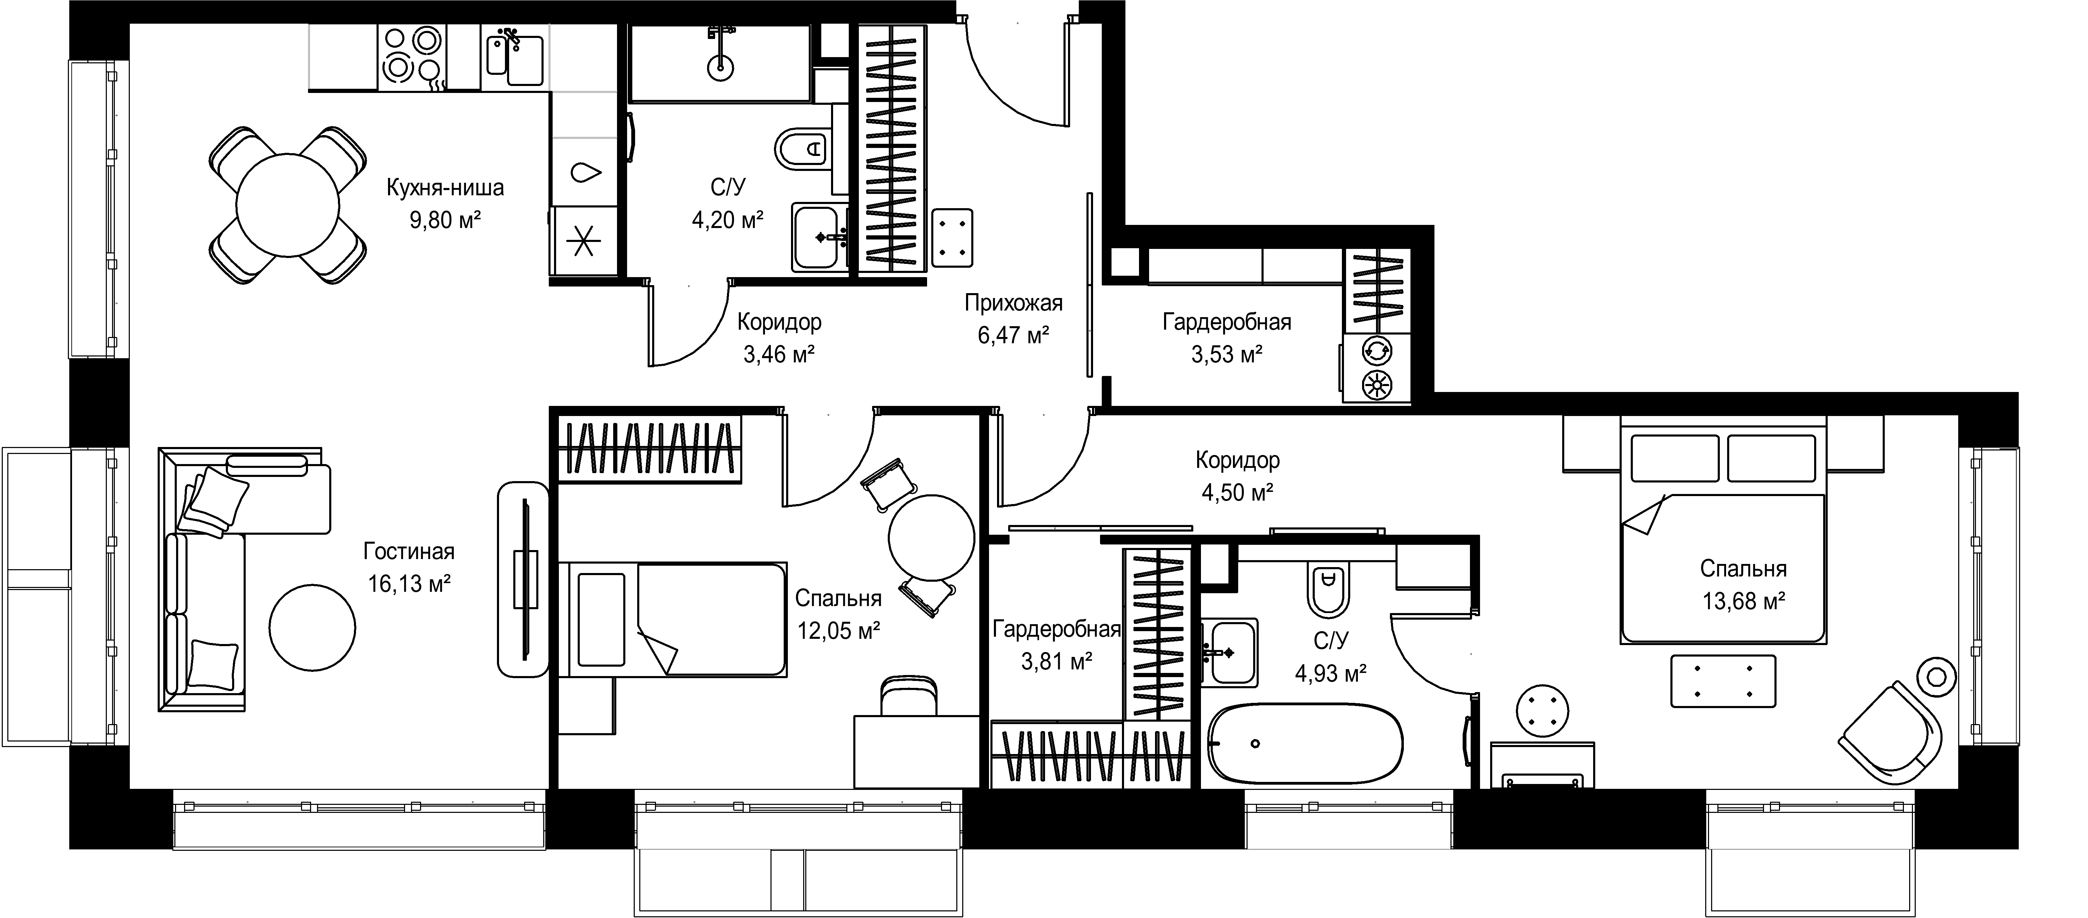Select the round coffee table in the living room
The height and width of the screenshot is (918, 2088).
pyautogui.click(x=312, y=628)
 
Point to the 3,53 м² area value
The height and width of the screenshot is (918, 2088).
pyautogui.click(x=1226, y=354)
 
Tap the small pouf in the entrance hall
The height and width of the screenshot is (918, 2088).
pyautogui.click(x=952, y=238)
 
